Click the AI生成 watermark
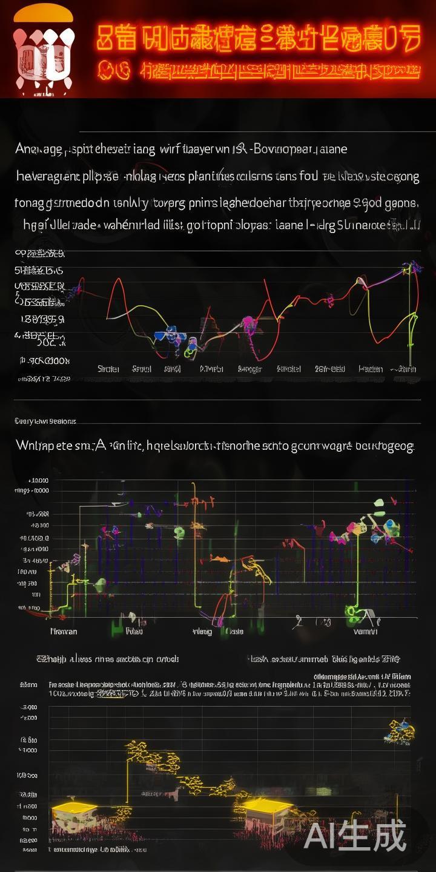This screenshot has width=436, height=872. click(x=355, y=837)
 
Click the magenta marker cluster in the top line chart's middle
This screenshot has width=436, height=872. click(x=248, y=324)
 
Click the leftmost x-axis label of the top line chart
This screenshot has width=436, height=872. click(x=108, y=368)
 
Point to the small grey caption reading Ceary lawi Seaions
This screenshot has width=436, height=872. click(x=45, y=420)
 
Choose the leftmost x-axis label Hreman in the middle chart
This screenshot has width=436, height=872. click(x=63, y=631)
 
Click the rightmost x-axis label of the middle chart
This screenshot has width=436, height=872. click(x=365, y=631)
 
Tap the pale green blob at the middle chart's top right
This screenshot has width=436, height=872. click(x=379, y=503)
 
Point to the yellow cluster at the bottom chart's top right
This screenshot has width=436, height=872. click(x=400, y=729)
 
